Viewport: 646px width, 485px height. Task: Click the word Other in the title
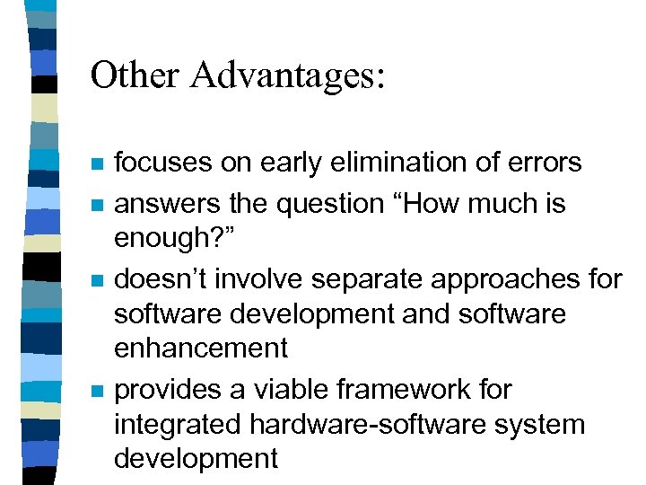(x=135, y=75)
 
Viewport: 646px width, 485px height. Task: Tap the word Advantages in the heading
(x=286, y=75)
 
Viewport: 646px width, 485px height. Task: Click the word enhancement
(x=201, y=348)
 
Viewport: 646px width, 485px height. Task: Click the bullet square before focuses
(x=98, y=164)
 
